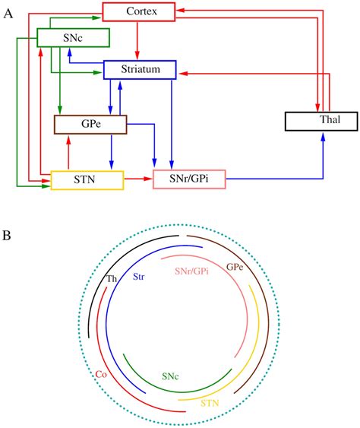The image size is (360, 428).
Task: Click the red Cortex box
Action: [x=138, y=11]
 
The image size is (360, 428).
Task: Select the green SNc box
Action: [x=73, y=37]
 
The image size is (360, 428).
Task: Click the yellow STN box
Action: [x=87, y=180]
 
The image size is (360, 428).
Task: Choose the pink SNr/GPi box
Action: [x=190, y=180]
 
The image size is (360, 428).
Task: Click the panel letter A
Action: [x=8, y=14]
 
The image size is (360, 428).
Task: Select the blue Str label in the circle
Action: [x=140, y=277]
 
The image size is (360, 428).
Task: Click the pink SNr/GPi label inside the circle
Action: [x=191, y=271]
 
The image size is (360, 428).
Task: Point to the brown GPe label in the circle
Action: [x=235, y=268]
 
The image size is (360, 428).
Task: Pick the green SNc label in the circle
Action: [x=171, y=376]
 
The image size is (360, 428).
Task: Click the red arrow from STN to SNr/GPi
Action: [x=138, y=180]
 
